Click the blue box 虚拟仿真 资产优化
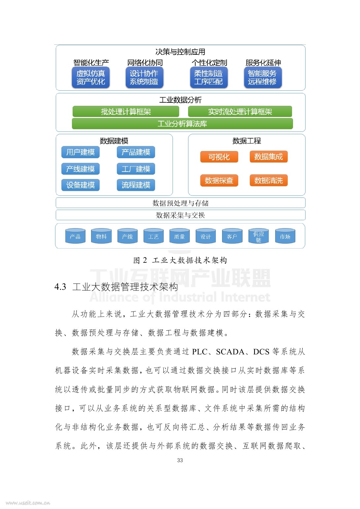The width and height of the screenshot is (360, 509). (91, 77)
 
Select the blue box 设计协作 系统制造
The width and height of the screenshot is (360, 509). (144, 77)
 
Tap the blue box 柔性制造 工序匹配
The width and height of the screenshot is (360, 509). (209, 77)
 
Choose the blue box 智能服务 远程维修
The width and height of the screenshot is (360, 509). (263, 77)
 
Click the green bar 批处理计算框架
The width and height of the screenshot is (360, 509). (126, 112)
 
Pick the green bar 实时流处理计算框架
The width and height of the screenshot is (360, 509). (240, 112)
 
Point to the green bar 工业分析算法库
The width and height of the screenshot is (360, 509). (182, 124)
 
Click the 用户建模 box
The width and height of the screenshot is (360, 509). (81, 152)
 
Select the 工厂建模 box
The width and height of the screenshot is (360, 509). (136, 169)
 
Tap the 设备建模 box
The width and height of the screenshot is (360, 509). (81, 185)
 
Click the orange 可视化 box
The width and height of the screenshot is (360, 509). (219, 157)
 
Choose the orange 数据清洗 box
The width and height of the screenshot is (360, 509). (269, 180)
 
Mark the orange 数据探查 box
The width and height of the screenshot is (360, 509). (219, 180)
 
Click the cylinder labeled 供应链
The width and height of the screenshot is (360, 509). (259, 236)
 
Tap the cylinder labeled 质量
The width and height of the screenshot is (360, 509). (180, 236)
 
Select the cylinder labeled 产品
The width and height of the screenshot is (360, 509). (75, 236)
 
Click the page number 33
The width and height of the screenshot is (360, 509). (180, 460)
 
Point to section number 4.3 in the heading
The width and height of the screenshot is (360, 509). (60, 287)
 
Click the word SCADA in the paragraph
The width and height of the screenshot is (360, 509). (230, 352)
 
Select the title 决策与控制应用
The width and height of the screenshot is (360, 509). (180, 52)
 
